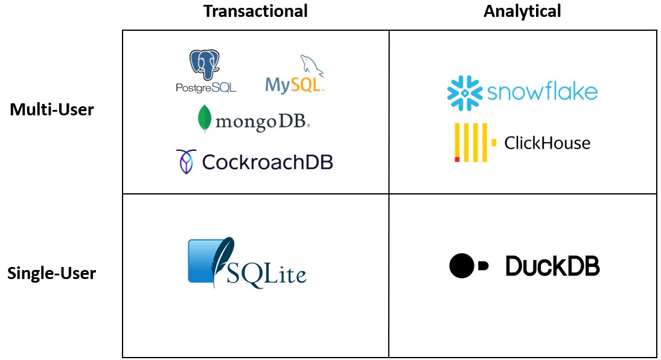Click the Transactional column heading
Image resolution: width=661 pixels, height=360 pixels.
pyautogui.click(x=255, y=11)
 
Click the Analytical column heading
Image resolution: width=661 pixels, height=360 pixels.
pyautogui.click(x=522, y=11)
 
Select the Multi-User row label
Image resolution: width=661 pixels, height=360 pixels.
pyautogui.click(x=52, y=110)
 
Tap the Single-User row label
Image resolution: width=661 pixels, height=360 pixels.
pyautogui.click(x=51, y=274)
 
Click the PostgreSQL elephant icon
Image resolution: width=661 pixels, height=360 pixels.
pyautogui.click(x=205, y=65)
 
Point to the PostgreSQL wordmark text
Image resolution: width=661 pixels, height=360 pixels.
pyautogui.click(x=206, y=88)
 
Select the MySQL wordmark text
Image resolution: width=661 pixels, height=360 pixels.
pyautogui.click(x=294, y=85)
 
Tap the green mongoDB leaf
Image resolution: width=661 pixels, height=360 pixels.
pyautogui.click(x=205, y=118)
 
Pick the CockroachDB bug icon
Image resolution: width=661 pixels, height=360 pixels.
pyautogui.click(x=185, y=161)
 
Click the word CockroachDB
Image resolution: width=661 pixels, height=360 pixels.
pyautogui.click(x=267, y=161)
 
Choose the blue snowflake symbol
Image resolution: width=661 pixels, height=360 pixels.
pyautogui.click(x=465, y=93)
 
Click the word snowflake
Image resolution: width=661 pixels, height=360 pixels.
pyautogui.click(x=541, y=92)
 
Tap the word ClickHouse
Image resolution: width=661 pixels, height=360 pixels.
pyautogui.click(x=547, y=143)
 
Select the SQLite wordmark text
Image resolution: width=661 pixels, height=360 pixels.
pyautogui.click(x=266, y=274)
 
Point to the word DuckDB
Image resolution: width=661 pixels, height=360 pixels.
pyautogui.click(x=552, y=266)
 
